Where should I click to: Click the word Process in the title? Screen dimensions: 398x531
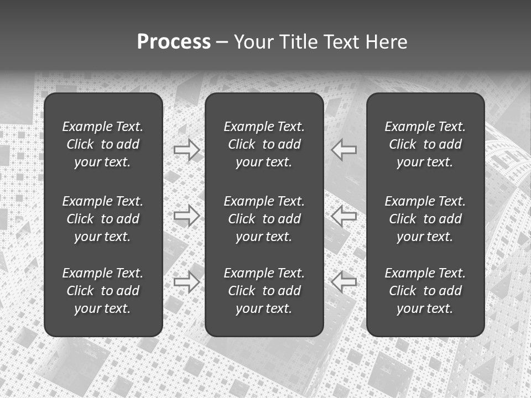click(x=174, y=42)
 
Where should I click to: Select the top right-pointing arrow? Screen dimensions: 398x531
click(x=187, y=150)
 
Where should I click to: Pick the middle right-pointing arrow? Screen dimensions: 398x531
click(x=187, y=216)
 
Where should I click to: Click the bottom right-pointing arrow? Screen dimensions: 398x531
click(x=187, y=281)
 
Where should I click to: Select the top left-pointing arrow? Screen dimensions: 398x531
click(x=343, y=149)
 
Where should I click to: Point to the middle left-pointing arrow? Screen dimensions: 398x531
click(x=343, y=216)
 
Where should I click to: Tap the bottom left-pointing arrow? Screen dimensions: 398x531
click(x=343, y=281)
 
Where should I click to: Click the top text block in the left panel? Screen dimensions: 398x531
click(x=103, y=144)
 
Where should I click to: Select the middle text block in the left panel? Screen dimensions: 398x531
click(x=103, y=219)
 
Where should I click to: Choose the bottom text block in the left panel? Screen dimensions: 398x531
click(x=103, y=291)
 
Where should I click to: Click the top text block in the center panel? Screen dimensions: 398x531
click(x=264, y=144)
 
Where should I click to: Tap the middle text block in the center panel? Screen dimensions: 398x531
click(x=264, y=219)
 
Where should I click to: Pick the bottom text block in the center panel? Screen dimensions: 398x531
click(x=264, y=291)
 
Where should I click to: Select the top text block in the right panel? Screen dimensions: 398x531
click(x=425, y=144)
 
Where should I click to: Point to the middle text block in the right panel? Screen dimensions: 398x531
click(x=425, y=219)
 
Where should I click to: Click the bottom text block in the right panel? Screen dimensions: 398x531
click(x=425, y=291)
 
